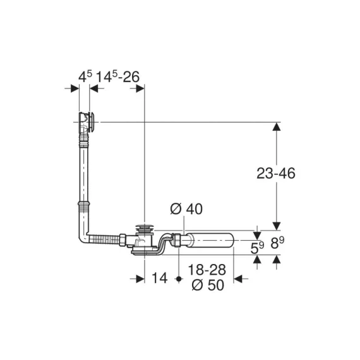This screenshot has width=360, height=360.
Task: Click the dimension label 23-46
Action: click(x=276, y=173)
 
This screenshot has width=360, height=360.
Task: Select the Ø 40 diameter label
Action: click(x=186, y=208)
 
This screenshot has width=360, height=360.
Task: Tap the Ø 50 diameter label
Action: click(x=208, y=285)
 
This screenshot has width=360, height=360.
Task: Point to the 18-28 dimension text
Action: click(x=207, y=270)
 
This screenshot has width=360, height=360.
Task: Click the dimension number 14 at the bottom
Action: click(x=160, y=278)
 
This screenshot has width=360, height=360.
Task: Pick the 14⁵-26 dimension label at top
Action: click(x=117, y=76)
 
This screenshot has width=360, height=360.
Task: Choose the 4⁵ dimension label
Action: click(x=85, y=76)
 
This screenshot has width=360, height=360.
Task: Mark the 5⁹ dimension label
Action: click(x=257, y=248)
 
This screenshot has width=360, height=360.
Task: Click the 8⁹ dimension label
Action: click(x=277, y=243)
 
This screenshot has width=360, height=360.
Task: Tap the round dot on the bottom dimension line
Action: click(x=179, y=279)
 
